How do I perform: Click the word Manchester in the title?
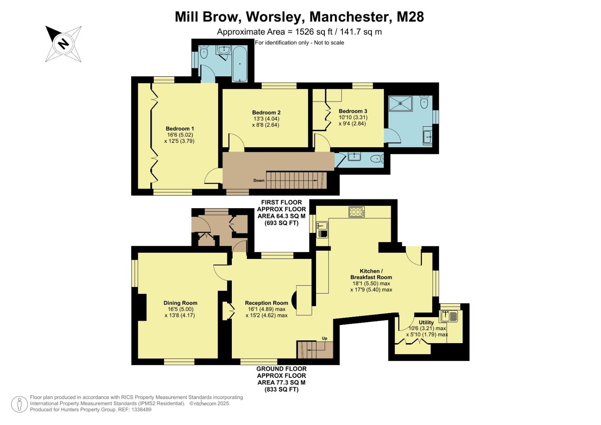tap(347, 17)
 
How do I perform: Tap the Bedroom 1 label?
tap(179, 129)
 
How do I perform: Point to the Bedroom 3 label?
tap(353, 111)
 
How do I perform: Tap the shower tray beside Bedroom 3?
tap(400, 103)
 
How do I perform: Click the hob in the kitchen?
tap(357, 212)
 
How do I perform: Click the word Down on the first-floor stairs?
tap(259, 181)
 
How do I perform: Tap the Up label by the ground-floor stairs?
tap(325, 338)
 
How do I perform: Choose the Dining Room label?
tap(180, 303)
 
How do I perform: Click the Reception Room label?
tap(266, 303)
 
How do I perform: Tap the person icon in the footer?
tap(19, 404)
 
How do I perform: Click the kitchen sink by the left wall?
tap(322, 226)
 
